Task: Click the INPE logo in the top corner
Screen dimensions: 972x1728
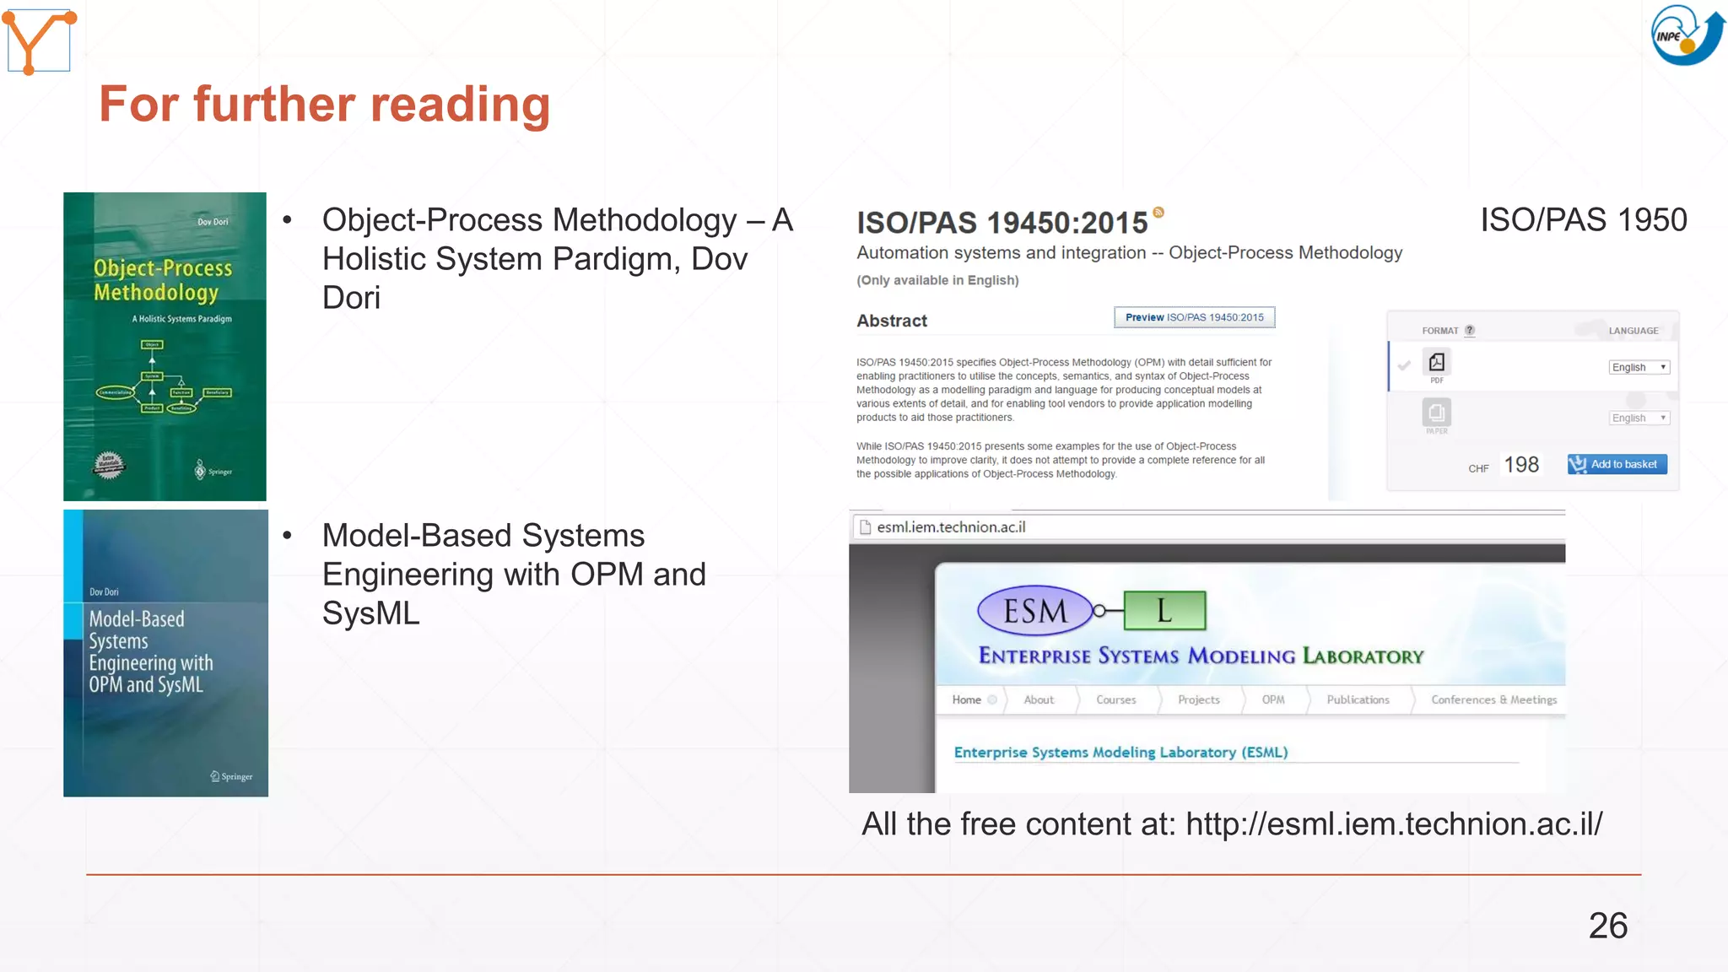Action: point(1687,35)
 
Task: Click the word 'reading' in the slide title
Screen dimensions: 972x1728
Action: point(460,104)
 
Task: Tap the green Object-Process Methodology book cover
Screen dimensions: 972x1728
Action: point(165,346)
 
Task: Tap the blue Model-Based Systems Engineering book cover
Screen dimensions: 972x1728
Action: point(165,652)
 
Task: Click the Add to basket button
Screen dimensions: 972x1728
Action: point(1617,464)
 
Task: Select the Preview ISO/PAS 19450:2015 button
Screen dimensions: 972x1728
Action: point(1194,317)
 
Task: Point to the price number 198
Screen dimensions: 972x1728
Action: point(1521,465)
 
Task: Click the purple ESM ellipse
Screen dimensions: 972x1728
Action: point(1034,610)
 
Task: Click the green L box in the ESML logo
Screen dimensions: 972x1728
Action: point(1164,610)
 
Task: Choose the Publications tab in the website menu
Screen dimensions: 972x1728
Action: point(1358,699)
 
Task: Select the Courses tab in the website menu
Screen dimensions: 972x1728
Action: point(1115,699)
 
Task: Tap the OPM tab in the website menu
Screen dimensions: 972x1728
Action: point(1272,699)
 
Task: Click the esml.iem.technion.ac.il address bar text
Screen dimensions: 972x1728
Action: point(951,527)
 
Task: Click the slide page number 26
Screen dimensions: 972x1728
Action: point(1607,926)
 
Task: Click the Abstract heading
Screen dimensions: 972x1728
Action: point(891,321)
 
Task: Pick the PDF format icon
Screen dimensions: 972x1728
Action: point(1436,363)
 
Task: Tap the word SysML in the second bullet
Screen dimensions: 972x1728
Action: point(370,613)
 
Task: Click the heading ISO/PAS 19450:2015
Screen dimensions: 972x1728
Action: point(1002,223)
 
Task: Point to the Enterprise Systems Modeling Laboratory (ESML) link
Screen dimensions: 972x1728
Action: point(1120,752)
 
